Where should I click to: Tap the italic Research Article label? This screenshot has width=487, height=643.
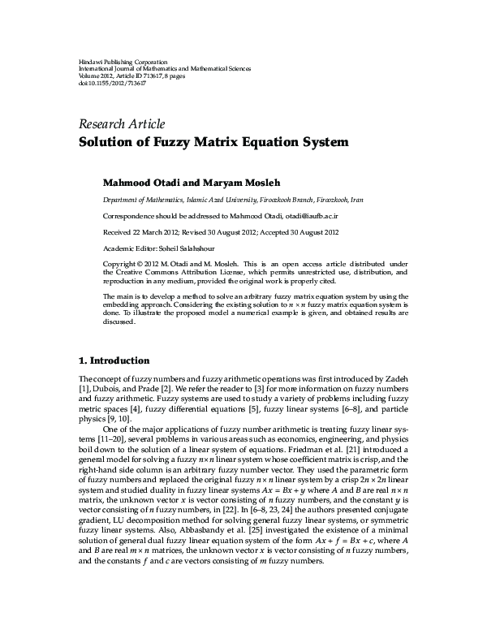(122, 124)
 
